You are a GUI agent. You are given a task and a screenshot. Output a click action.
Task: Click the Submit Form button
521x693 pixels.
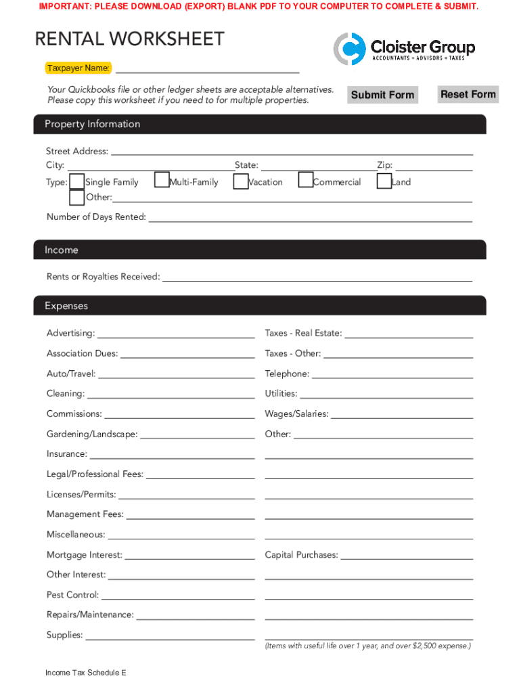[x=382, y=95]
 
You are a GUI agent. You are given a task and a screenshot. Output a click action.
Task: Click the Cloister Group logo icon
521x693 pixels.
[x=349, y=49]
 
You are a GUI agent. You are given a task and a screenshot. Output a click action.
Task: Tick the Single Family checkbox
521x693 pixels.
[x=77, y=181]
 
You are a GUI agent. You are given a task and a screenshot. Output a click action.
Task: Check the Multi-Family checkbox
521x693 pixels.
[x=162, y=180]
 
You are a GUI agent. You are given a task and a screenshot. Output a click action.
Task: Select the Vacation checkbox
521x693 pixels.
[x=240, y=181]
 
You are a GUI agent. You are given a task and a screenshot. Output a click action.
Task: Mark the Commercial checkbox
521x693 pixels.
[x=306, y=180]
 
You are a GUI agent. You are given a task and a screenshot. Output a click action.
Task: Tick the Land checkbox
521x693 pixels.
[x=384, y=181]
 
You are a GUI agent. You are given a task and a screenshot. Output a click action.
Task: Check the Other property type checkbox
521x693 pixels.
[x=77, y=198]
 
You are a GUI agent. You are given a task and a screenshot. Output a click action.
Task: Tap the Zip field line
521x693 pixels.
[x=433, y=166]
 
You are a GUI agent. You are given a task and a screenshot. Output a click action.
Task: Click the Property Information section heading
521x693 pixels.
[x=93, y=124]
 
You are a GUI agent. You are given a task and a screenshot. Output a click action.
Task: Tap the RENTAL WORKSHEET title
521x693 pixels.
[x=129, y=39]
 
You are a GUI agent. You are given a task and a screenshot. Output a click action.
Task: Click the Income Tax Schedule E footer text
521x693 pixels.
[x=86, y=673]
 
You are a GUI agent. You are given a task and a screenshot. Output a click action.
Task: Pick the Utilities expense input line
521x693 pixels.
[x=386, y=395]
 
